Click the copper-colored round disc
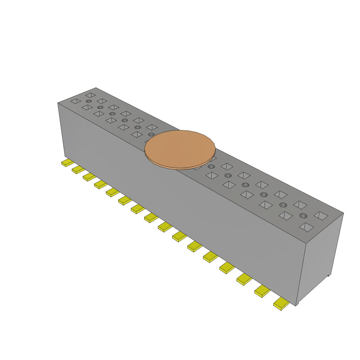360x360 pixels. click(x=180, y=148)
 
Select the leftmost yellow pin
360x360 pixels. click(x=67, y=163)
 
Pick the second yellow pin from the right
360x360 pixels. click(x=263, y=291)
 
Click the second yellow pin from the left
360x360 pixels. click(x=78, y=169)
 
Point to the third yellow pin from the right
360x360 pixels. click(x=244, y=279)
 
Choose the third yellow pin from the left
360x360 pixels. click(x=89, y=176)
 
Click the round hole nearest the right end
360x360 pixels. click(x=303, y=216)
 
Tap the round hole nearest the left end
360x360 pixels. click(x=89, y=101)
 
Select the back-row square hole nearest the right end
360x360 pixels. click(x=321, y=216)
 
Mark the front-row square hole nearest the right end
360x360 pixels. click(x=307, y=227)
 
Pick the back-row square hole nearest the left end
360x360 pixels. click(x=90, y=95)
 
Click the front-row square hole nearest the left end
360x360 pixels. click(x=76, y=101)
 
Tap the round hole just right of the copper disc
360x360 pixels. click(x=211, y=167)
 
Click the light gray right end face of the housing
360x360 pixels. click(x=322, y=257)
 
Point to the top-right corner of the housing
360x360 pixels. click(x=343, y=213)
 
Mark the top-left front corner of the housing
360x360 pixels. click(x=58, y=103)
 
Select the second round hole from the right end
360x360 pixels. click(x=283, y=205)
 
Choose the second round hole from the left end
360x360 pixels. click(x=100, y=107)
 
